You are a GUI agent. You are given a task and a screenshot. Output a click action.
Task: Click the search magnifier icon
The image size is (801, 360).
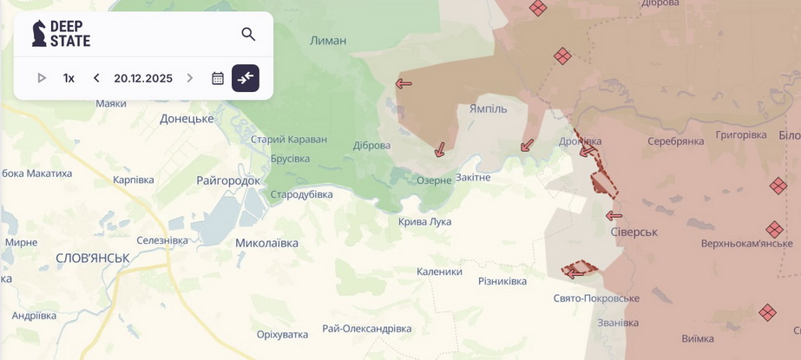[248, 34]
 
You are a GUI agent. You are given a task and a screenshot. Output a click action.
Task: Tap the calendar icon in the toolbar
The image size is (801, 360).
[218, 78]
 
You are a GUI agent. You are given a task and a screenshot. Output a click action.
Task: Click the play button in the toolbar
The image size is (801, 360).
[42, 78]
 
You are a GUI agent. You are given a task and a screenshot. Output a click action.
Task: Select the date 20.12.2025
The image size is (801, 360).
[143, 78]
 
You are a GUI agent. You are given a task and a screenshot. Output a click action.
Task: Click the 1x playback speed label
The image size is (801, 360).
[69, 78]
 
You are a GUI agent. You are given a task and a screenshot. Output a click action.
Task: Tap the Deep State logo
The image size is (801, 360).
[61, 34]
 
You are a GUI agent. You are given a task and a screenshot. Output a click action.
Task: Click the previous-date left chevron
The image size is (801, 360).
[96, 78]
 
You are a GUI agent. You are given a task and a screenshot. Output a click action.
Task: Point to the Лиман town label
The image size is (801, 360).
[328, 40]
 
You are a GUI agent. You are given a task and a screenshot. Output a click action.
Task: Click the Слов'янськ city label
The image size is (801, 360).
[92, 258]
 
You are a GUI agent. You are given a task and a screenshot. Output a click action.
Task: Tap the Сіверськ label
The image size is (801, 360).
[634, 232]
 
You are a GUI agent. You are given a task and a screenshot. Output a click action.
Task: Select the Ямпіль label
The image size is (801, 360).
[488, 109]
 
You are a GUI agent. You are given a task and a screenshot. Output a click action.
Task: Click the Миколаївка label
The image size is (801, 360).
[266, 243]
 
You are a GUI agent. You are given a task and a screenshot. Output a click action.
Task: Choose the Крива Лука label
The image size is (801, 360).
[424, 221]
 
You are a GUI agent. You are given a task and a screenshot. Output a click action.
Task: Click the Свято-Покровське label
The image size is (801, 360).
[596, 298]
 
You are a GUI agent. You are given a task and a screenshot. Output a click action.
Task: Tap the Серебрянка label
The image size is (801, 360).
[675, 141]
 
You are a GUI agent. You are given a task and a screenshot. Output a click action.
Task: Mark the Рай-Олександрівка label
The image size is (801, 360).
[366, 329]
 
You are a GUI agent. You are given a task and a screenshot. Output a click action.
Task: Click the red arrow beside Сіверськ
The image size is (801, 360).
[614, 216]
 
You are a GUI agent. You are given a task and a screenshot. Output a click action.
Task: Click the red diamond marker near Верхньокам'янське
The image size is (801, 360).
[774, 230]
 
